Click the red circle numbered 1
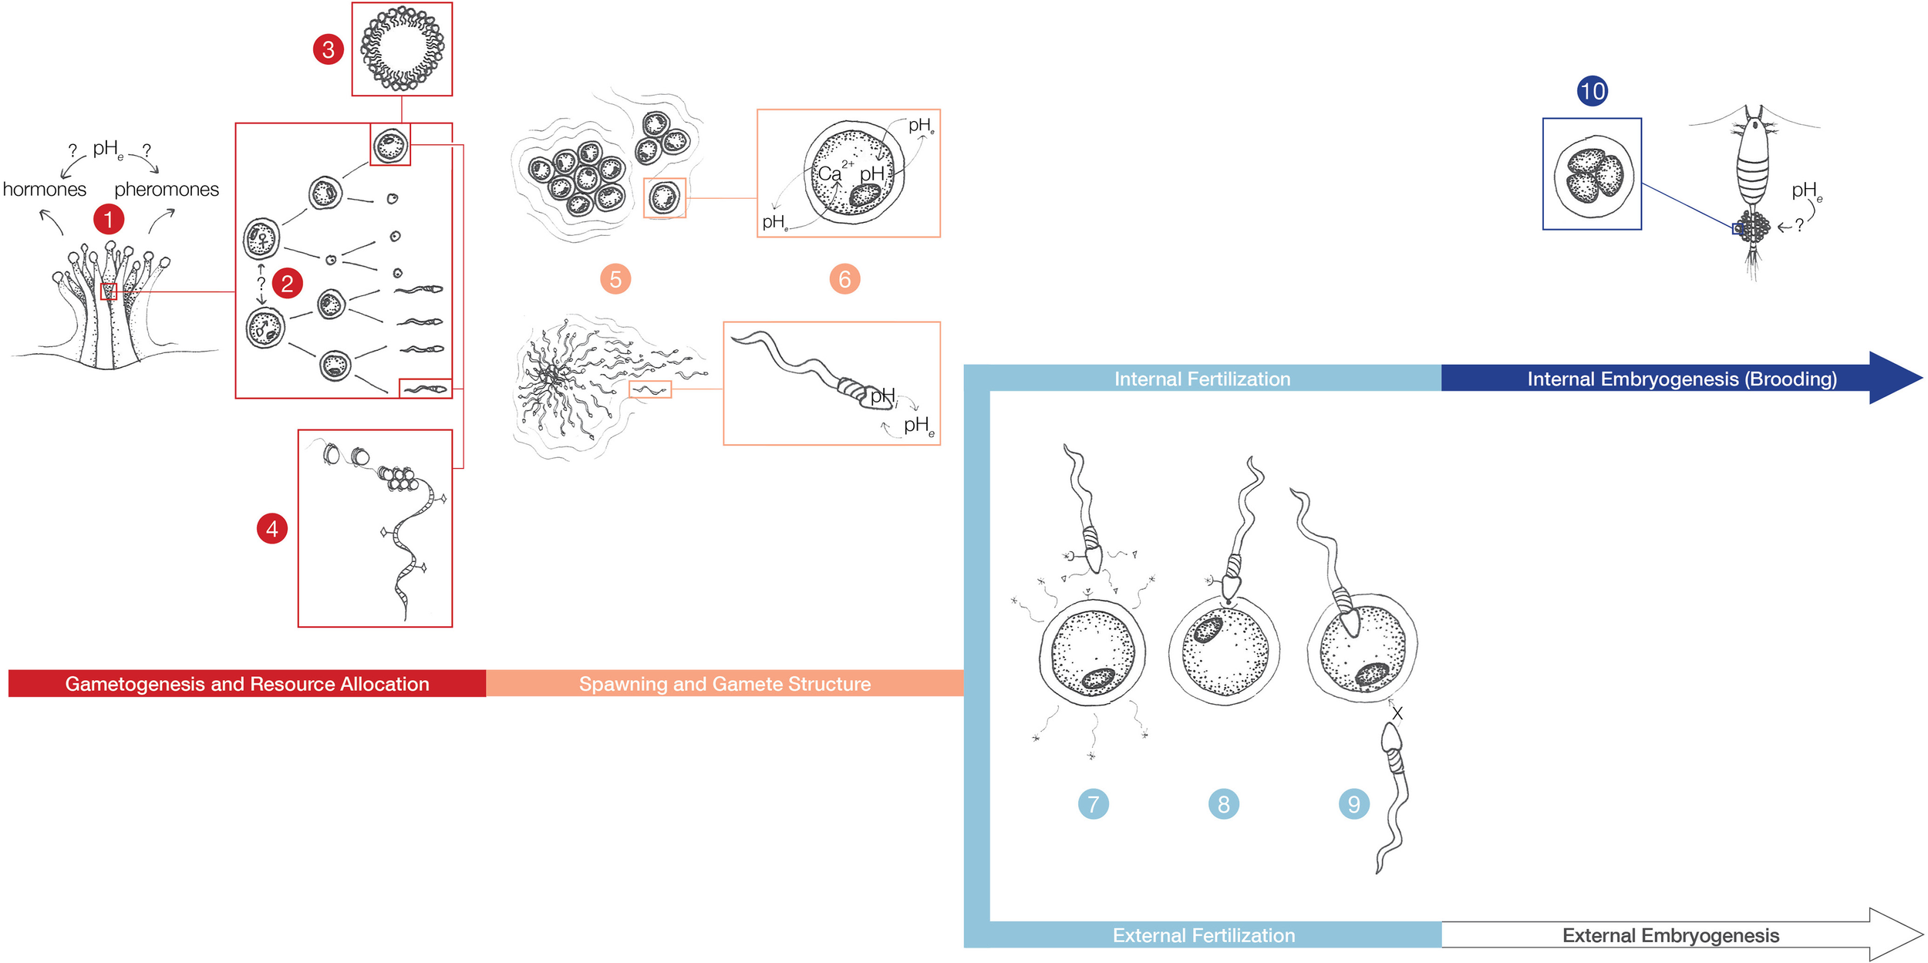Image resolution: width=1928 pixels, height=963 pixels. click(109, 219)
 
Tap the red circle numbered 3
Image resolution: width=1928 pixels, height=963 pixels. click(328, 49)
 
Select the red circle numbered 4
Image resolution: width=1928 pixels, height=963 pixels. click(271, 529)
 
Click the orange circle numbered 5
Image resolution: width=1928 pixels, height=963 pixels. click(615, 279)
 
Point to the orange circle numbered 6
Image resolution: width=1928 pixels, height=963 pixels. click(844, 279)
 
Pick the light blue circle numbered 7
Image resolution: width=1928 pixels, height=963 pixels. click(1093, 804)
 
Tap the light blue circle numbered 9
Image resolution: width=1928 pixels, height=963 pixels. click(1353, 804)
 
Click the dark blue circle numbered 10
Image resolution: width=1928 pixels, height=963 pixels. click(1592, 91)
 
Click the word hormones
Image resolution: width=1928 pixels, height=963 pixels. click(45, 189)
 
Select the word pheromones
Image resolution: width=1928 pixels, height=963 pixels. click(167, 189)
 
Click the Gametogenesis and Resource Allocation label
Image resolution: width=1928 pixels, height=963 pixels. click(247, 684)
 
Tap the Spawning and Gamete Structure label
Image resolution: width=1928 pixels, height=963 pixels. click(725, 684)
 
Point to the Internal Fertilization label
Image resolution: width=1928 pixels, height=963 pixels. click(1202, 379)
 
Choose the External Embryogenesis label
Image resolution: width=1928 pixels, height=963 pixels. click(1670, 935)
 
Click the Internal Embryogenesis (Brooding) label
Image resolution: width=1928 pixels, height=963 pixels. click(1682, 379)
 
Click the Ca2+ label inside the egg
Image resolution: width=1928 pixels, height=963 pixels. click(835, 172)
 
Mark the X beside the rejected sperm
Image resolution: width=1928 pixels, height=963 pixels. click(1397, 714)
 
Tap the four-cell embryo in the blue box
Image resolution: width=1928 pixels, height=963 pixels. click(1593, 176)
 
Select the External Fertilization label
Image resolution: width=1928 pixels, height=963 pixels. click(1204, 935)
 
